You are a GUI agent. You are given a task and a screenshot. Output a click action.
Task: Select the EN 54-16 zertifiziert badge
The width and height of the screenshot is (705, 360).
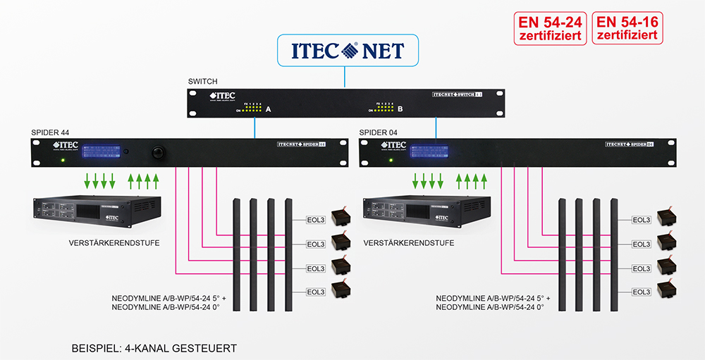627,28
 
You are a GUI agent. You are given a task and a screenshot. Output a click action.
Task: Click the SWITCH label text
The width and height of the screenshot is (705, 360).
203,82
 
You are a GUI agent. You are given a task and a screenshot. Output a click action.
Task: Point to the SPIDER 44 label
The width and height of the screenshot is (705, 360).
54,132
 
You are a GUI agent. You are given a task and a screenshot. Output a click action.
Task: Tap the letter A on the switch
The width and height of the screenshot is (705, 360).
268,109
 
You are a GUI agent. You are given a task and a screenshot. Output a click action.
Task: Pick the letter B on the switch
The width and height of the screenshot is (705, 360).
400,109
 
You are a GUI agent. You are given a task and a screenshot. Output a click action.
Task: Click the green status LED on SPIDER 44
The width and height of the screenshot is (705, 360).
63,161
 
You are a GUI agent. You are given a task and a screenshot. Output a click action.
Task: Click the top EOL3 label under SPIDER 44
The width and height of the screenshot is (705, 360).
314,220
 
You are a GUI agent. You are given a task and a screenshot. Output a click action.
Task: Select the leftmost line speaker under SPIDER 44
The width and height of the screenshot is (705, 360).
236,254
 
